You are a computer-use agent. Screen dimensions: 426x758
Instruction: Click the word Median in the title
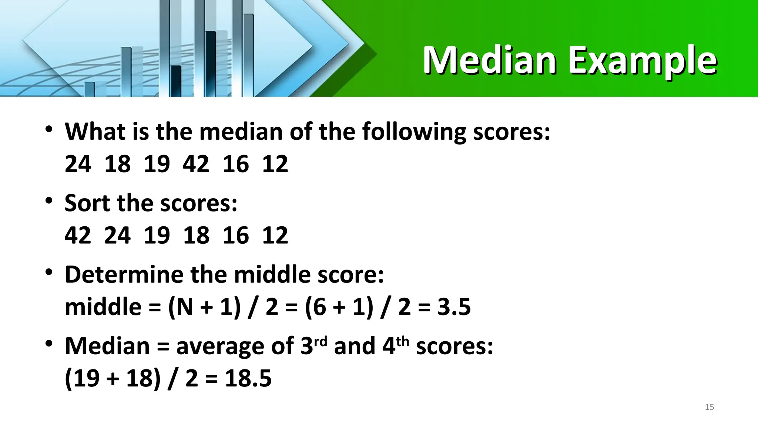489,60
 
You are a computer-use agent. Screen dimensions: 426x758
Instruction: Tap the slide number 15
709,407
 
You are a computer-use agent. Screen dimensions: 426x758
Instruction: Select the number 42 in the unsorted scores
196,164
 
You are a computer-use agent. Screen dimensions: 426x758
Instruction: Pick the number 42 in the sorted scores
78,235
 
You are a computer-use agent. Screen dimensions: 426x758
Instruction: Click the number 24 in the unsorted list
78,164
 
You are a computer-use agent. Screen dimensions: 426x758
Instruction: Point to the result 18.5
248,378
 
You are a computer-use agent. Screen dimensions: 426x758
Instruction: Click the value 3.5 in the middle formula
454,307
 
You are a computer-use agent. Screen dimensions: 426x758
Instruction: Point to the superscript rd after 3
321,341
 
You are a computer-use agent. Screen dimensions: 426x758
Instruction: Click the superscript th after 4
403,341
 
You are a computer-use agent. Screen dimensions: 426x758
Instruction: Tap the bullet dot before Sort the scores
49,201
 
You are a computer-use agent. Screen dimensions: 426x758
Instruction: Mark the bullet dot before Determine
49,273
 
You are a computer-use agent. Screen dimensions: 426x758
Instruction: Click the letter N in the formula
185,307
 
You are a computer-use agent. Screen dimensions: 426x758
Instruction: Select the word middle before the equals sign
103,307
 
